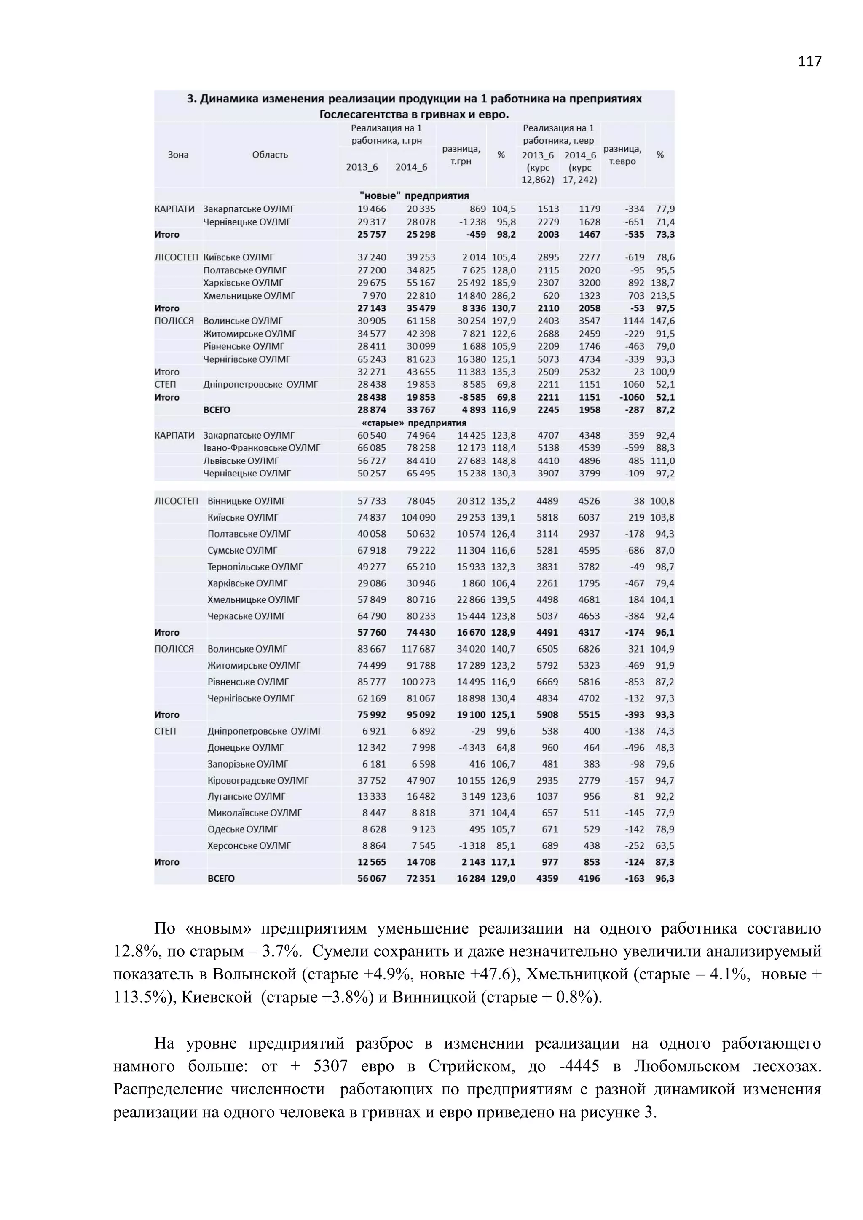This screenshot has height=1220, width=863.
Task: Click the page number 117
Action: pyautogui.click(x=809, y=62)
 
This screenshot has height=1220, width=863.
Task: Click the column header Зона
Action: pyautogui.click(x=178, y=155)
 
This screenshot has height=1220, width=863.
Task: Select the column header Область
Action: pyautogui.click(x=270, y=155)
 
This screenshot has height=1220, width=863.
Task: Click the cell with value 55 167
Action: pyautogui.click(x=421, y=283)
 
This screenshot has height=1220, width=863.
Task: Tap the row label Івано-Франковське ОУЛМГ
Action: pyautogui.click(x=261, y=448)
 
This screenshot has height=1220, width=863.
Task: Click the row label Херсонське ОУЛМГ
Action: pyautogui.click(x=249, y=845)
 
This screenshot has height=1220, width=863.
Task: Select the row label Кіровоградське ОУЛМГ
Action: pyautogui.click(x=258, y=780)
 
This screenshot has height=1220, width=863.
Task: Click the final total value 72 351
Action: pyautogui.click(x=421, y=878)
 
